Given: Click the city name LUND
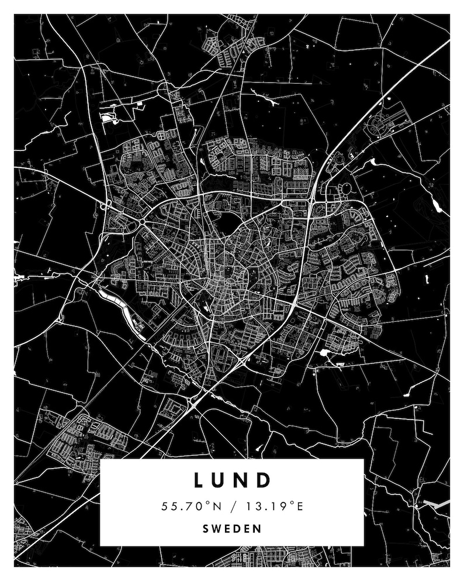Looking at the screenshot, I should [x=232, y=480].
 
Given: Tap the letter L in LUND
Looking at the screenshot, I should [x=198, y=480].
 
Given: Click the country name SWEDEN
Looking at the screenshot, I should [x=232, y=528].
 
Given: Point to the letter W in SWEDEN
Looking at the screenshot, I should [x=216, y=528].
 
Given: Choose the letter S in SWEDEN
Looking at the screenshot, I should [x=206, y=528].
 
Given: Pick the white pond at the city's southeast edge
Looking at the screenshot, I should [x=323, y=353].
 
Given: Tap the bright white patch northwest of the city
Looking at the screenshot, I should [x=109, y=118].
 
